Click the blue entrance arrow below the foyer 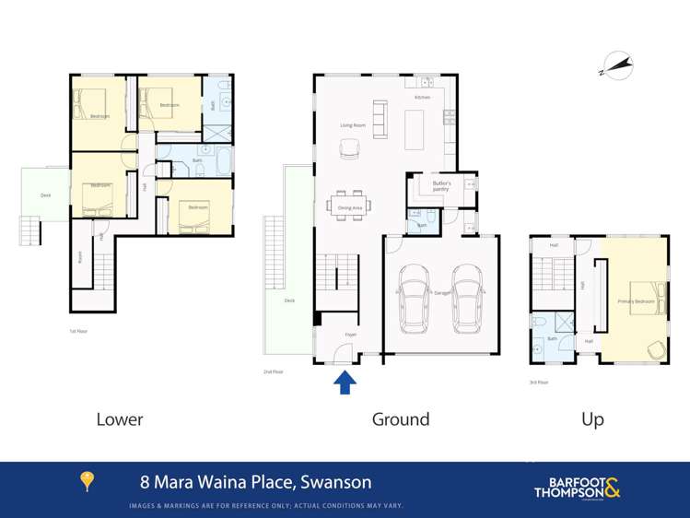coord(345,382)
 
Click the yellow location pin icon coord(88,481)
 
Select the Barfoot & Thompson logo coord(578,487)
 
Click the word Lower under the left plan coord(120,419)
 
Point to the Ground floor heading coord(400,419)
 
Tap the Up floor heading coord(592,419)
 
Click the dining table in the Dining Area coord(350,202)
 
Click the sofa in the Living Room coord(380,119)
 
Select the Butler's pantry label coord(441,185)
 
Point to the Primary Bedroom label coord(636,301)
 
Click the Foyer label coord(350,335)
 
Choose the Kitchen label coord(422,97)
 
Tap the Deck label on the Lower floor coord(45,195)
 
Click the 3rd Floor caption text coord(539,382)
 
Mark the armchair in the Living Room coord(350,147)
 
